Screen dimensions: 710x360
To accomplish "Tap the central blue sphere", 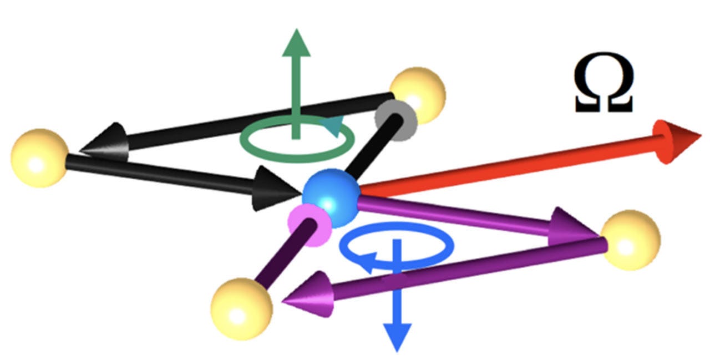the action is click(x=331, y=197).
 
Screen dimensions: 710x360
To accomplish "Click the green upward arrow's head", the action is click(x=296, y=43).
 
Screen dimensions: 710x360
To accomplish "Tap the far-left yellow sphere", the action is click(x=39, y=158).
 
